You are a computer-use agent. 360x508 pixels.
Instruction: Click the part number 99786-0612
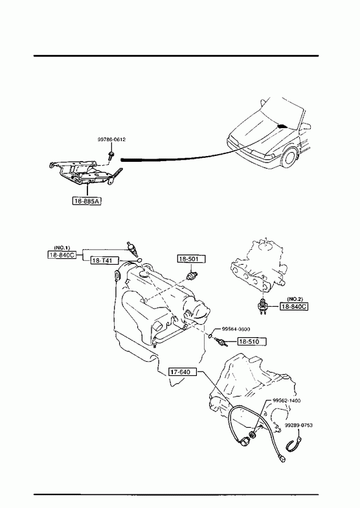coord(111,140)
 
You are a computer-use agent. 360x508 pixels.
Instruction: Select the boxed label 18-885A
coord(87,201)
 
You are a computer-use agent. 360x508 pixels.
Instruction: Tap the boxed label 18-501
coord(192,259)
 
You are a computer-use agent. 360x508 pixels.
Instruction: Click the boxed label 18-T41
coord(105,261)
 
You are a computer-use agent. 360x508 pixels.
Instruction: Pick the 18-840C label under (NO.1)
coord(62,255)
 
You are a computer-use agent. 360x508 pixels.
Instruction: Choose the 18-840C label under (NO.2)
coord(294,307)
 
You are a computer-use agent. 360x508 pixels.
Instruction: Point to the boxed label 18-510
coord(253,342)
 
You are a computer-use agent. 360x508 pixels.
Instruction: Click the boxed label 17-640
coord(183,371)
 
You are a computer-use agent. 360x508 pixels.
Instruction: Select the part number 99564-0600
coord(236,329)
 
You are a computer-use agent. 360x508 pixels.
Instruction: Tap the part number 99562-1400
coord(286,401)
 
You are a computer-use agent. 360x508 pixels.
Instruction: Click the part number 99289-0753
coord(298,425)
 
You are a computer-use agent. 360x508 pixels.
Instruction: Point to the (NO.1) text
coord(62,248)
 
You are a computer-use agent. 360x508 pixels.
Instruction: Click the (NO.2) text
coord(295,299)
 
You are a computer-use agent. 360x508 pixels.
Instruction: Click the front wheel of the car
coord(289,158)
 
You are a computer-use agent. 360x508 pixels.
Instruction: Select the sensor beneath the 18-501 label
coord(192,276)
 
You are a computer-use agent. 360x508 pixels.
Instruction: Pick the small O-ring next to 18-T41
coord(139,260)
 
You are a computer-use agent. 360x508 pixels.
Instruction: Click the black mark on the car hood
coord(282,126)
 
